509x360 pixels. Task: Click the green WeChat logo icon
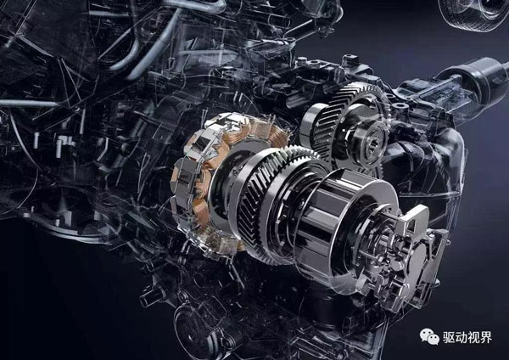(429, 337)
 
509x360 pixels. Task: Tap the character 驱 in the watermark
(449, 338)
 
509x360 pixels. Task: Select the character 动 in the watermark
(461, 338)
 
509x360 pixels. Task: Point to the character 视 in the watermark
(473, 338)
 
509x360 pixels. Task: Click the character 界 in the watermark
(486, 338)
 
